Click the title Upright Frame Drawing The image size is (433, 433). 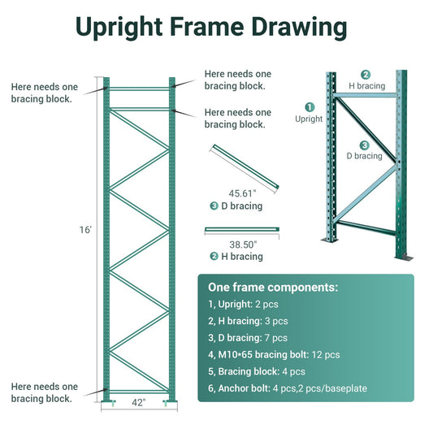[210, 26]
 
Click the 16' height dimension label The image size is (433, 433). [85, 231]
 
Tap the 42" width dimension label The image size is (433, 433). [138, 401]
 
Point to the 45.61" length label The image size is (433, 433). [242, 193]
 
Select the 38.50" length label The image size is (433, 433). [242, 244]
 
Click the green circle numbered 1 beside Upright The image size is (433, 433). [309, 106]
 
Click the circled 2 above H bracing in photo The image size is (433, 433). [366, 74]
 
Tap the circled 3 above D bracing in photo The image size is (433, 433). [365, 145]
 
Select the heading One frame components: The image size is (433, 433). [273, 288]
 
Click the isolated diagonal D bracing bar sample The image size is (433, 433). [245, 170]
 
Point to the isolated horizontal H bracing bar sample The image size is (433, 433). [242, 230]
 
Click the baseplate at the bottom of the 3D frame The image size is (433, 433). [404, 257]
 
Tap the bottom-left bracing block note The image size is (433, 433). [45, 392]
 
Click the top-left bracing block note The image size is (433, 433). [45, 93]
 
